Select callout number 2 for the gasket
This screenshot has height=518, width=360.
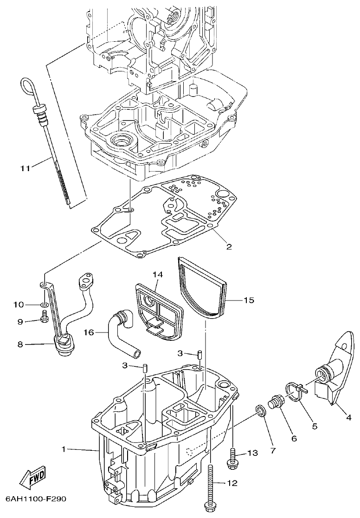(x=229, y=246)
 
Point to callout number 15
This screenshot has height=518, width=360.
(x=249, y=300)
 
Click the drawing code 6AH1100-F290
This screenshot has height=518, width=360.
(x=36, y=499)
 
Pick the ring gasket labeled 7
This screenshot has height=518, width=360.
(x=261, y=410)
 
